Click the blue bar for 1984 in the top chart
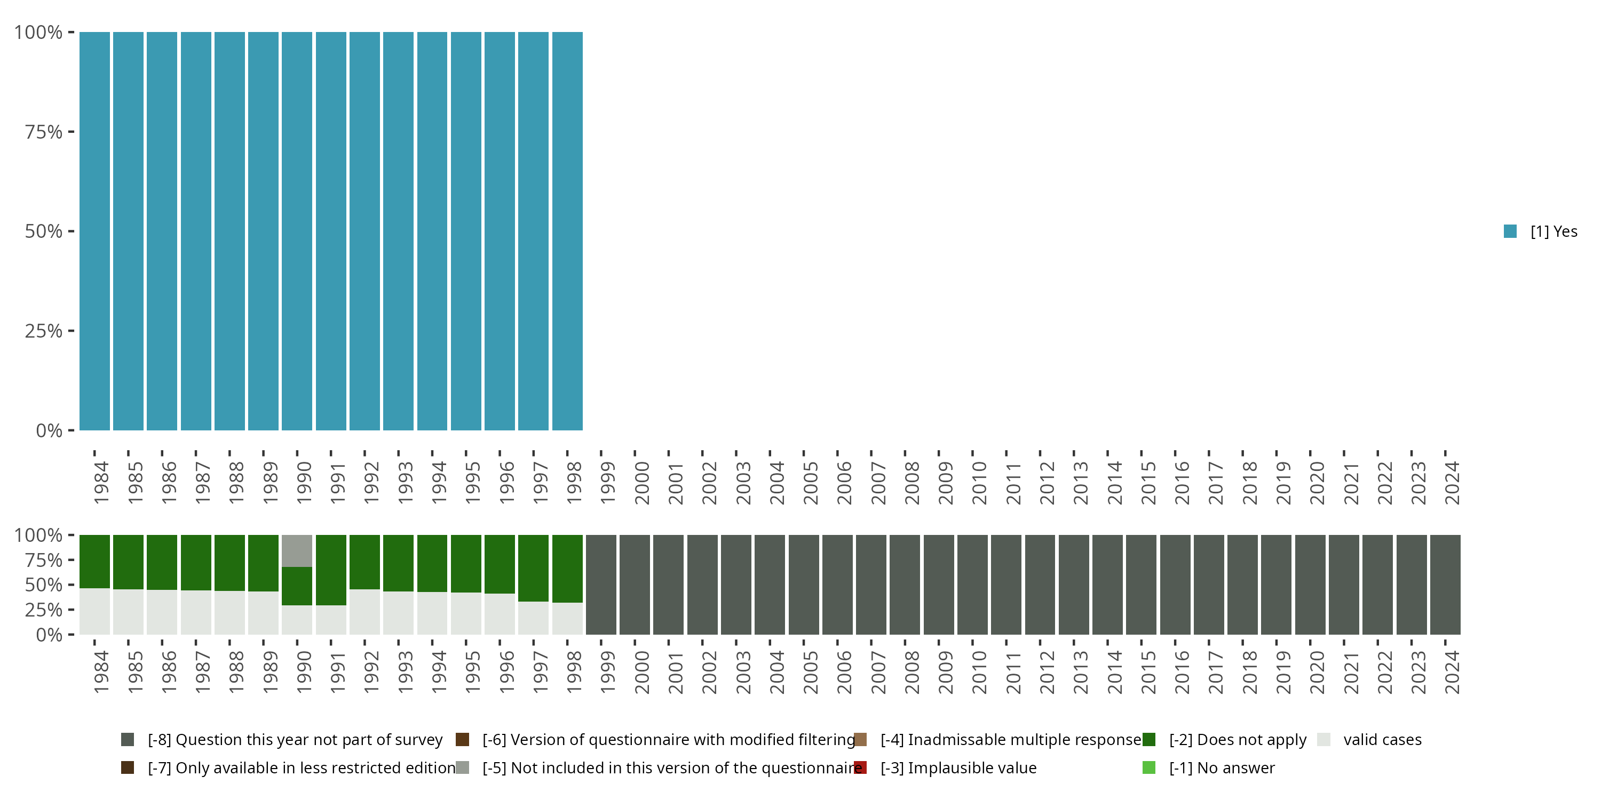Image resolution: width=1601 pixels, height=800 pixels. click(x=94, y=231)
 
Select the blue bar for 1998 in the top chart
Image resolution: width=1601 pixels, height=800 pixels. click(x=567, y=231)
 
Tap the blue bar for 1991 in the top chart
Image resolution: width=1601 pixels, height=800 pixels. click(x=331, y=231)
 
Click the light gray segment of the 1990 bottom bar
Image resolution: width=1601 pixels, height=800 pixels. click(x=297, y=551)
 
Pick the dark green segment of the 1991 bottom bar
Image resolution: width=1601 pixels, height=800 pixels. click(x=331, y=570)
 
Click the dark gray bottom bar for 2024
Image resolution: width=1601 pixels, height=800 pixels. click(x=1445, y=585)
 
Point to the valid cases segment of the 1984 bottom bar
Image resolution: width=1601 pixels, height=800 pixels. click(x=94, y=611)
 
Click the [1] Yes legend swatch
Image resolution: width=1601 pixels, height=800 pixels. click(x=1510, y=231)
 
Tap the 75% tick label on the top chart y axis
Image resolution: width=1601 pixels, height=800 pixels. click(x=44, y=132)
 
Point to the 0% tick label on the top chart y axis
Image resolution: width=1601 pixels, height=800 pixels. click(x=49, y=430)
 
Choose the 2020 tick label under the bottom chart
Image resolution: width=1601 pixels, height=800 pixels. click(x=1317, y=672)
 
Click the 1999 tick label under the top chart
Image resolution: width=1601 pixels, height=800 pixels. click(x=608, y=483)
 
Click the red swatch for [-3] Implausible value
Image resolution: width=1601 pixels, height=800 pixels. click(x=861, y=767)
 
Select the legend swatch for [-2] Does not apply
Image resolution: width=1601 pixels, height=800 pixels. click(x=1148, y=740)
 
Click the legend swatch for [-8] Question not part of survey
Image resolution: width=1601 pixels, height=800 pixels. click(x=128, y=740)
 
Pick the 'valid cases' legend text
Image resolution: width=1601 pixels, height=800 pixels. click(x=1382, y=740)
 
